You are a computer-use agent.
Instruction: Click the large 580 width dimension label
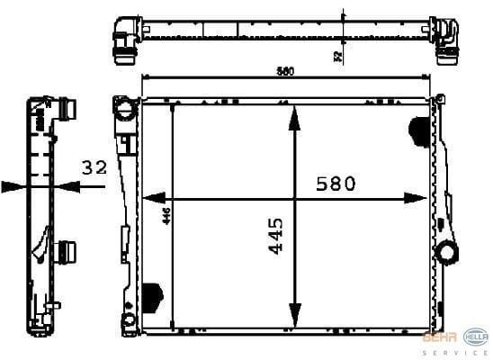coord(336,184)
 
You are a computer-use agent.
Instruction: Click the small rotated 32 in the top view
coord(337,56)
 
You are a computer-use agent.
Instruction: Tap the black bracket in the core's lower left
coord(153,294)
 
